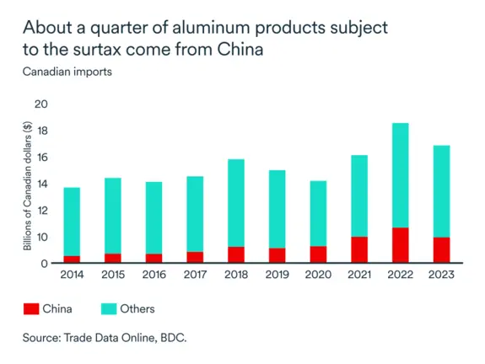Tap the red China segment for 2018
[x=236, y=254]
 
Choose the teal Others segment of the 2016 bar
[x=154, y=217]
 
